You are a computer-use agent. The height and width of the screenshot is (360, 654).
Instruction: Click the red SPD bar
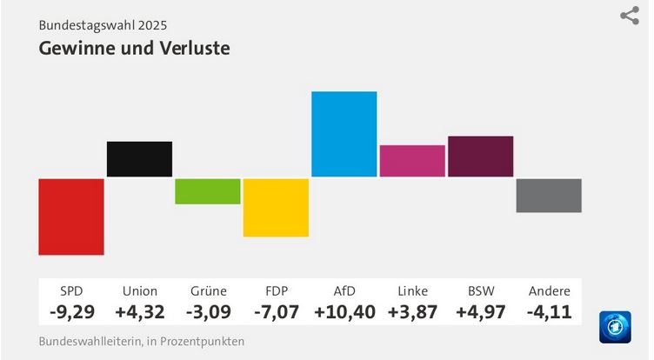[71, 217]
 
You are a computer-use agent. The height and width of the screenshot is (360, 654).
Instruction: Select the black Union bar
[139, 158]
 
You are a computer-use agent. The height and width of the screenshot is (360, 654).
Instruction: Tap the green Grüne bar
[208, 191]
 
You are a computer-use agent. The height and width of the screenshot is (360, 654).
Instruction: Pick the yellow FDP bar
[276, 207]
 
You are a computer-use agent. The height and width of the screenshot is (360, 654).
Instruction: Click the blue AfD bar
[344, 134]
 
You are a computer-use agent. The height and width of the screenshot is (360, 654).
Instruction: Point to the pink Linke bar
[412, 161]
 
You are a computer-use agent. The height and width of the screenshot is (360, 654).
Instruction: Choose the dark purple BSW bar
[480, 157]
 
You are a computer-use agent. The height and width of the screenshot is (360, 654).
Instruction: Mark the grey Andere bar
[549, 196]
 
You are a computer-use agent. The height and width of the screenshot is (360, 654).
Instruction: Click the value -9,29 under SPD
[71, 310]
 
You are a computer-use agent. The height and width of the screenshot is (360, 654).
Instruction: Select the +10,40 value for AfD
[344, 310]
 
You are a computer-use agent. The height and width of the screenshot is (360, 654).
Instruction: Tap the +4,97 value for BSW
[481, 310]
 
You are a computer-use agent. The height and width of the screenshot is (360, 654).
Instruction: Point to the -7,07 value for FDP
[277, 310]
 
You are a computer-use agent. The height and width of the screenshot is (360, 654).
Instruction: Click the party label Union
[140, 290]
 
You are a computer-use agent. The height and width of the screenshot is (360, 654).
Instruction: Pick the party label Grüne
[208, 290]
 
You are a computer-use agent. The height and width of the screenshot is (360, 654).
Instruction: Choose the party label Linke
[412, 290]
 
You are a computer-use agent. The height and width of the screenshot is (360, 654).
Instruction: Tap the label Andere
[549, 290]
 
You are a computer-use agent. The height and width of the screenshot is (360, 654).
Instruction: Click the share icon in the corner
[630, 16]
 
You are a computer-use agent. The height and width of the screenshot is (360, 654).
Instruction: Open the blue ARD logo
[615, 327]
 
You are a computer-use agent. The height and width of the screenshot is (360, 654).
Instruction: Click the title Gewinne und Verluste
[134, 48]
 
